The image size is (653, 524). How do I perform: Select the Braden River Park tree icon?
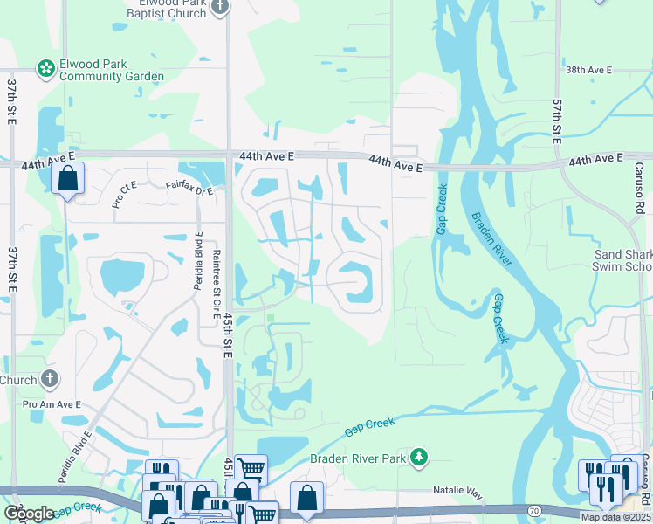[x=419, y=457]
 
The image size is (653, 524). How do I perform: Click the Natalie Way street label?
[x=458, y=493]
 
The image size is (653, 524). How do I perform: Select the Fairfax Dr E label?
[x=189, y=187]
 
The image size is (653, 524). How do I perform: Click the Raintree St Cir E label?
[x=216, y=280]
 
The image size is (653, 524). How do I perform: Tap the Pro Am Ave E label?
[x=52, y=404]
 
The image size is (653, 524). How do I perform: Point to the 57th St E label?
[x=556, y=121]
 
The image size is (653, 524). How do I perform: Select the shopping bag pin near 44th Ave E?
[x=67, y=178]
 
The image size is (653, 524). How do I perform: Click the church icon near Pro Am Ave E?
[x=50, y=379]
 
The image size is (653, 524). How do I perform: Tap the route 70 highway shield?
[x=533, y=510]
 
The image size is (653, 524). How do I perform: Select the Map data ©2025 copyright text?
[x=615, y=517]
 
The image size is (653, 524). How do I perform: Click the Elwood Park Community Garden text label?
[x=111, y=70]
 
